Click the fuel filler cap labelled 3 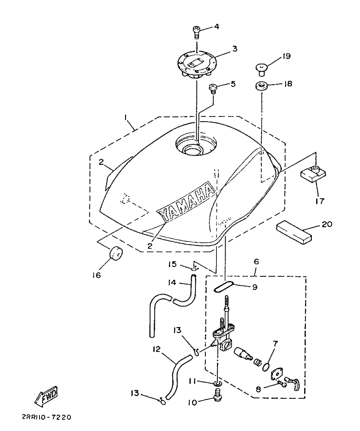pos(197,65)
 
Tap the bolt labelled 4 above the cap pos(196,31)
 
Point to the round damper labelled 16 pos(115,254)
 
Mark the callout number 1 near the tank pos(125,117)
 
